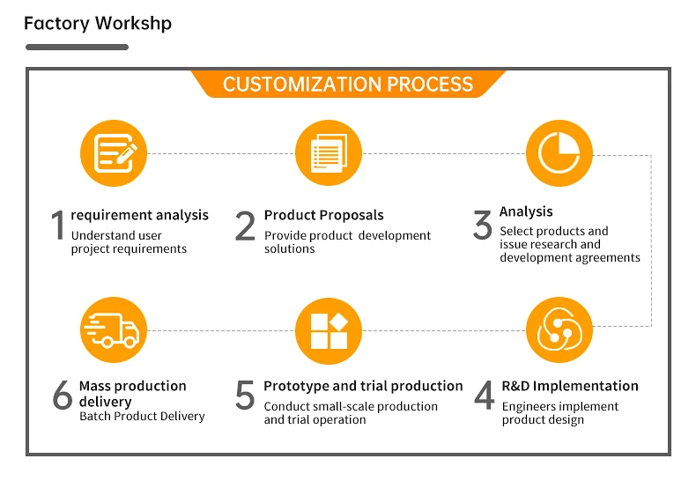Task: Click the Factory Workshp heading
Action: tap(98, 23)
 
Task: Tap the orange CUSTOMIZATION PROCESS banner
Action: tap(348, 85)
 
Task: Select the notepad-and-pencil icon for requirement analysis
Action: tap(114, 153)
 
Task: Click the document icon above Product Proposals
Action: tap(329, 153)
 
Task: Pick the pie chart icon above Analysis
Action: tap(559, 153)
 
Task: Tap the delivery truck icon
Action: tap(114, 330)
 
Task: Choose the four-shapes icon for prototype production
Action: tap(329, 330)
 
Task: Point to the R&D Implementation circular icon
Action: tap(559, 330)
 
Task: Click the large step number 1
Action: tap(58, 226)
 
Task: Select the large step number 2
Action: tap(245, 226)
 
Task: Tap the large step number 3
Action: tap(482, 226)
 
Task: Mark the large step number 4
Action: tap(484, 396)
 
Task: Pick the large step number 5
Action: tap(245, 396)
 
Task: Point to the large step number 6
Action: tap(62, 396)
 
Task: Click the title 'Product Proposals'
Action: tap(323, 215)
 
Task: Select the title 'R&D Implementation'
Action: tap(570, 386)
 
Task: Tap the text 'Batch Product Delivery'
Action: tap(142, 416)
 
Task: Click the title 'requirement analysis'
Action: tap(140, 215)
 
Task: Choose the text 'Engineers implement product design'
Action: tap(560, 413)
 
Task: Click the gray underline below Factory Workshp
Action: tap(77, 47)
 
